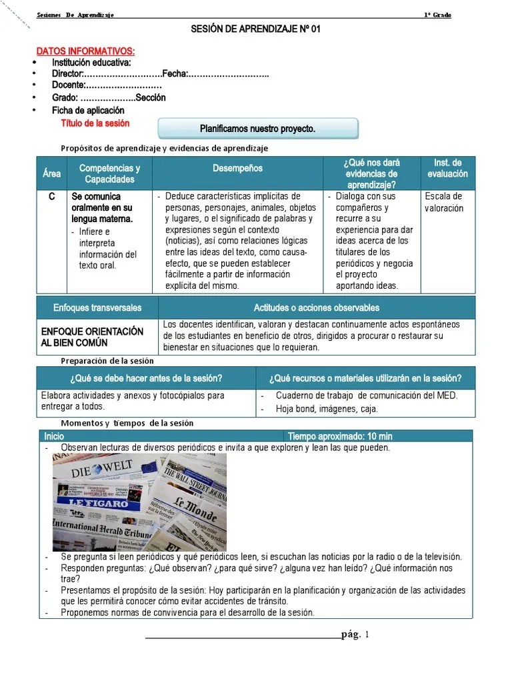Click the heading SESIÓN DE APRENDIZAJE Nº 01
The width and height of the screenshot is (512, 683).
pos(256,30)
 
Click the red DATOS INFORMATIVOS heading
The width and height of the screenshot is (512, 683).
pos(85,51)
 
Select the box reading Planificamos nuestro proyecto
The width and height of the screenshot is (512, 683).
pos(257,128)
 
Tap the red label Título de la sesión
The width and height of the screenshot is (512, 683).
pos(95,123)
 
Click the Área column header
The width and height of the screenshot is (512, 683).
pos(51,173)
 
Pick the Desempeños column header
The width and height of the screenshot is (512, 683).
pos(237,169)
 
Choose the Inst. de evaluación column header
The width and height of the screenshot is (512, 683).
pos(447,168)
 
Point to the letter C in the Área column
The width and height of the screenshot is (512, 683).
pos(51,197)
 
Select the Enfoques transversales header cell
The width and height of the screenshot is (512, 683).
pos(97,307)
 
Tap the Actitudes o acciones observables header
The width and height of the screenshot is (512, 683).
pos(316,307)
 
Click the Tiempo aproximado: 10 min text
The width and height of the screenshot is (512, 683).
pos(340,436)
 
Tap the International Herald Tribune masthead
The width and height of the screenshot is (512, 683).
pos(103,529)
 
